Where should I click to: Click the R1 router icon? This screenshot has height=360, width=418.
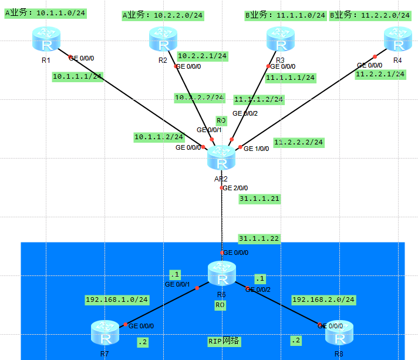(x=46, y=39)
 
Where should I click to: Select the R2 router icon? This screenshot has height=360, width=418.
(x=163, y=41)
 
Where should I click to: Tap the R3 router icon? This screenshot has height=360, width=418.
(x=280, y=40)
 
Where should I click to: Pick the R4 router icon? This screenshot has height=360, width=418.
(x=397, y=40)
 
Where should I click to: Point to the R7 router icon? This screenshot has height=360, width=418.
(x=105, y=333)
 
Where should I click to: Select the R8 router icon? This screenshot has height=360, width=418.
(x=339, y=333)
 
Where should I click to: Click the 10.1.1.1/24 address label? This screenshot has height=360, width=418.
(x=77, y=76)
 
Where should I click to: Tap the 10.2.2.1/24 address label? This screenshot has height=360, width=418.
(x=202, y=56)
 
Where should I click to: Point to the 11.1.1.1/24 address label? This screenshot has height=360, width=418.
(x=291, y=77)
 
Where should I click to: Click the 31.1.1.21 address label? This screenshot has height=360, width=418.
(x=259, y=199)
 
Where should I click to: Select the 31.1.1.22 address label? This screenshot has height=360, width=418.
(x=259, y=238)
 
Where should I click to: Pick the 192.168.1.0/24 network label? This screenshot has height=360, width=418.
(x=117, y=300)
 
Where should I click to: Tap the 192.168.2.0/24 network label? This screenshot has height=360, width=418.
(x=323, y=300)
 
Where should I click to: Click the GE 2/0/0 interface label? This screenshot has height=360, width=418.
(x=236, y=188)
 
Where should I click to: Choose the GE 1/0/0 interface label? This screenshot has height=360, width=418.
(x=257, y=149)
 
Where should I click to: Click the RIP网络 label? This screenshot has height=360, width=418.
(x=224, y=341)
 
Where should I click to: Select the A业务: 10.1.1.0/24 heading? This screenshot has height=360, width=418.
(x=46, y=13)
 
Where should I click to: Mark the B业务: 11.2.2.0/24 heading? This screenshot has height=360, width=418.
(x=370, y=15)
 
